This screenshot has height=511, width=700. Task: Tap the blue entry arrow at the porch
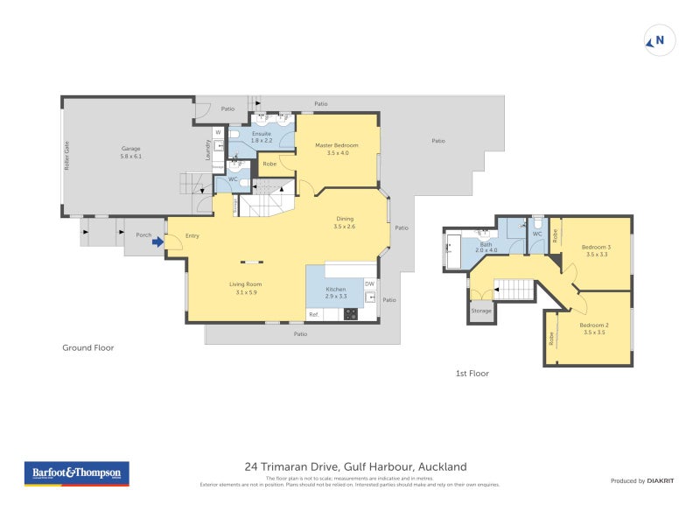tap(158, 243)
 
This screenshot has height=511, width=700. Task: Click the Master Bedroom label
tap(337, 149)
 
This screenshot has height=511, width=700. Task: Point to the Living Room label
tap(246, 288)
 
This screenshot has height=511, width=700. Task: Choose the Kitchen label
tap(336, 292)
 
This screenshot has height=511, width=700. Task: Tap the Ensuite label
tap(262, 136)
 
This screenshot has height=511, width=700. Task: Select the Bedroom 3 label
tap(596, 250)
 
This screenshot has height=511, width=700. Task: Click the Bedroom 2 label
tap(595, 329)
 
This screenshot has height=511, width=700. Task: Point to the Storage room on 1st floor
tap(481, 311)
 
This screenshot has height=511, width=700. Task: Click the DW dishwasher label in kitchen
tap(369, 283)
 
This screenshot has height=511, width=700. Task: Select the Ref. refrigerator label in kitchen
tap(313, 314)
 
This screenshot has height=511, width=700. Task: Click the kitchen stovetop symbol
tap(351, 314)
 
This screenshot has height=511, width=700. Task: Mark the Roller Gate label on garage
tap(66, 155)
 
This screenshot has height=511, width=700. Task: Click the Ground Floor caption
tap(87, 347)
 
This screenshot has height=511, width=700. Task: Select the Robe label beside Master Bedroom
tap(269, 163)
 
